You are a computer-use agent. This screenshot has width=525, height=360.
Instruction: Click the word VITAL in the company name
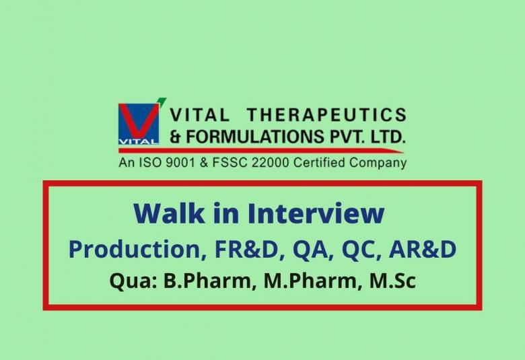tap(200, 116)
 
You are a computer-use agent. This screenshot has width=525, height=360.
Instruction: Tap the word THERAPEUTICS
tap(326, 116)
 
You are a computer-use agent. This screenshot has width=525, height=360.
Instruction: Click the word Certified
tap(315, 162)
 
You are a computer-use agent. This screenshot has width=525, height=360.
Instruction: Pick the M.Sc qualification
tap(392, 281)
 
